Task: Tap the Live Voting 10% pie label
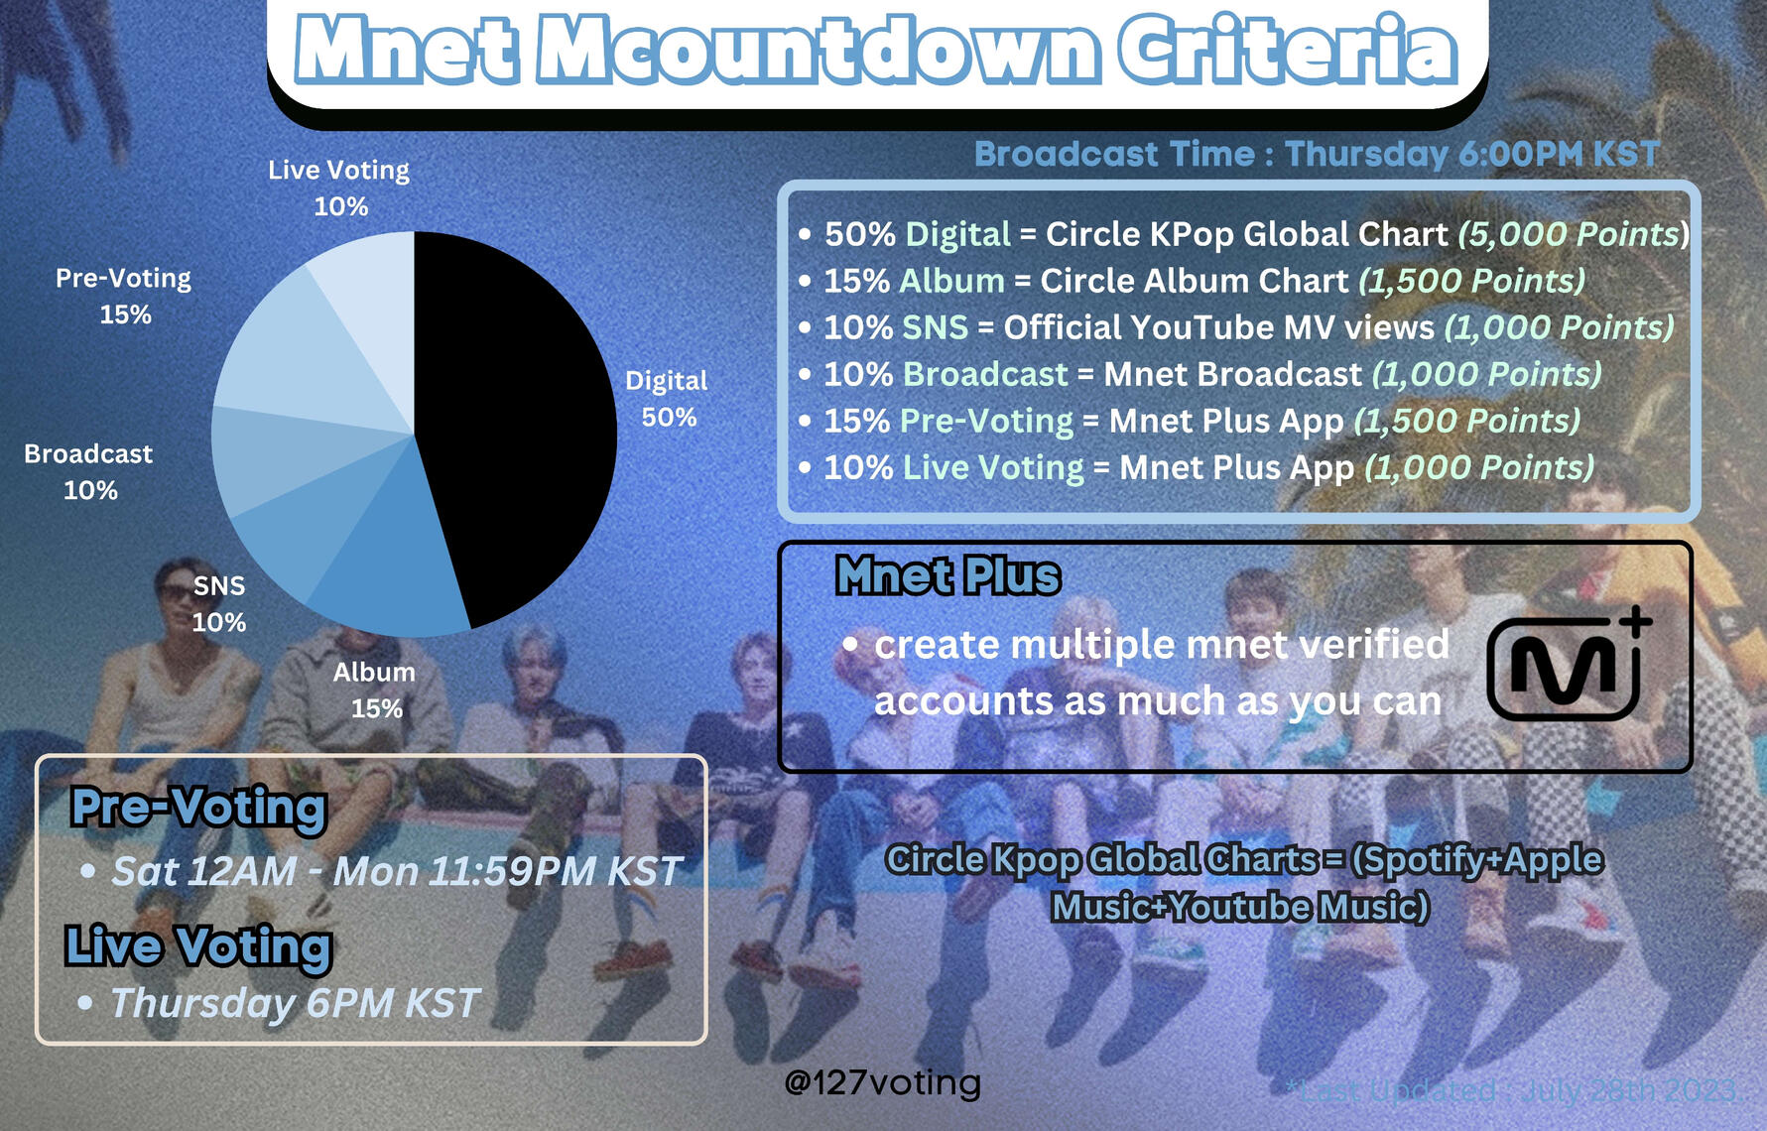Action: coord(339,188)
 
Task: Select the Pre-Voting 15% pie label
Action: coord(124,296)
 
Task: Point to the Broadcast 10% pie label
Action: coord(88,471)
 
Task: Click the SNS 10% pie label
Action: coord(219,603)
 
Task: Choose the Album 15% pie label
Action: coord(375,690)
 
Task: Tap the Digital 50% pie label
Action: coord(667,398)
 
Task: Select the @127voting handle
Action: coord(882,1081)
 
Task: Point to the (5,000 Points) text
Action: coord(1573,234)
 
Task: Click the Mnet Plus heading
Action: coord(947,575)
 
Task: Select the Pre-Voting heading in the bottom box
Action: coord(198,808)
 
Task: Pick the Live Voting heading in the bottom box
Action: coord(198,946)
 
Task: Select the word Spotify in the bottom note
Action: coord(1416,860)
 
